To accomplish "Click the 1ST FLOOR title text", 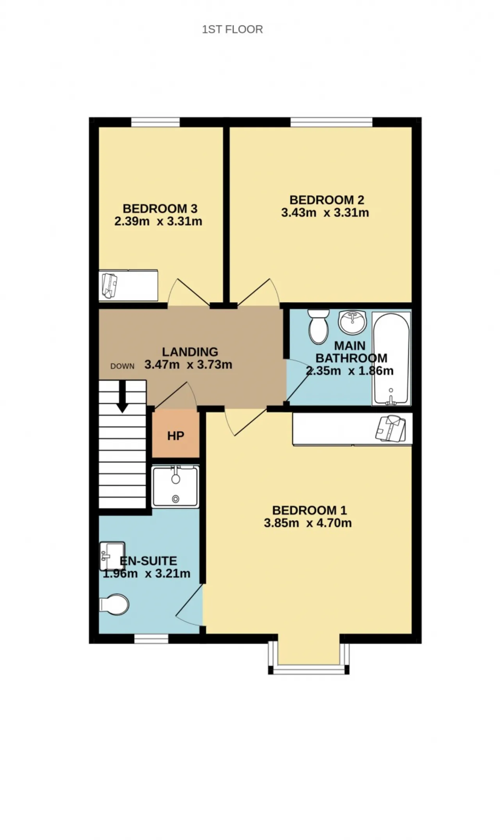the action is (x=232, y=29).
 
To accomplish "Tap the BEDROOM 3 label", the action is (x=160, y=208).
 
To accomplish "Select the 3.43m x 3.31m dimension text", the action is (x=325, y=213).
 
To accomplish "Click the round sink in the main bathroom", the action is (x=352, y=322).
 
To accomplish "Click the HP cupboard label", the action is (x=176, y=436).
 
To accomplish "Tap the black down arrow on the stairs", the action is (x=123, y=396).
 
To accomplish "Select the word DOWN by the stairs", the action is (x=122, y=366).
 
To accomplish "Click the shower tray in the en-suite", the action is (x=175, y=487).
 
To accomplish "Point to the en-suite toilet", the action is (x=114, y=605).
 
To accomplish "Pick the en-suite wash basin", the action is (x=112, y=556).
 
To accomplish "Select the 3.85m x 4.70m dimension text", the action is (x=308, y=523).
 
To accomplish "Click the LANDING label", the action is (x=190, y=352).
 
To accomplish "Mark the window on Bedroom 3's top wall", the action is (x=155, y=122).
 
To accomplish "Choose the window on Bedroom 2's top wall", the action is (x=332, y=122).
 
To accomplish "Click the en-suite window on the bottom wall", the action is (x=151, y=639).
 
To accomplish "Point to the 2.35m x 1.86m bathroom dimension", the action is (x=350, y=371).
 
